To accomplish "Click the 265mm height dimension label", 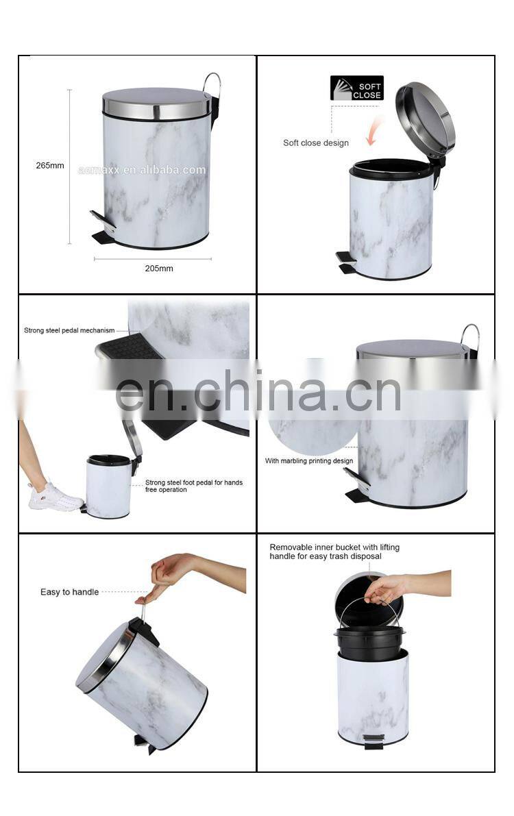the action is pos(50,166).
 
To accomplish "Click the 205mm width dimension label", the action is pos(159,269).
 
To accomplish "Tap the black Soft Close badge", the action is pos(357,88).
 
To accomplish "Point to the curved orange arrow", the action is pos(374,131).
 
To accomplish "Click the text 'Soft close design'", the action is pos(315,143).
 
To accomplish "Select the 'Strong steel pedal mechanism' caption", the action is pos(69,330).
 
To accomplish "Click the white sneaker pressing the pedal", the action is pos(54,497).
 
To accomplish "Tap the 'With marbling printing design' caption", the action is pos(309,460).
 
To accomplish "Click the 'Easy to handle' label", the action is pos(69,592).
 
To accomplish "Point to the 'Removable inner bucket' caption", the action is pos(334,552).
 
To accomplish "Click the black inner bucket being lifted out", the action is pos(369,643).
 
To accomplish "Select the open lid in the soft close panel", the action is pos(425,119).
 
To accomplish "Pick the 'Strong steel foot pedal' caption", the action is pos(194,486).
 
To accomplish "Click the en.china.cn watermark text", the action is pos(258,391).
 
